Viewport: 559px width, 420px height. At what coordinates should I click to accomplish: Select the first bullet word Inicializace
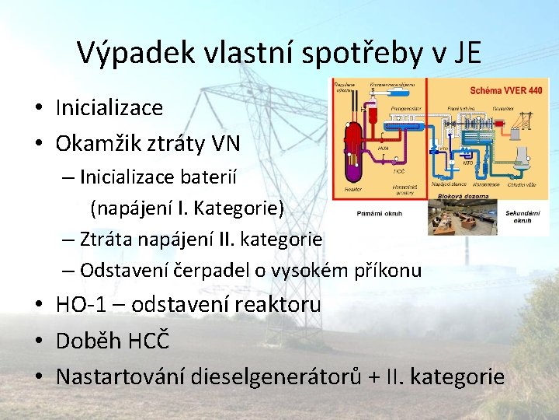pyautogui.click(x=109, y=107)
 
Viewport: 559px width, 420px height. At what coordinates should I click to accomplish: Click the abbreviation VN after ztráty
pyautogui.click(x=226, y=144)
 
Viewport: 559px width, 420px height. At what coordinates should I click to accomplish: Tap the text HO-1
pyautogui.click(x=81, y=304)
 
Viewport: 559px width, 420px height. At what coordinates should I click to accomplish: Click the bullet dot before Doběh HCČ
pyautogui.click(x=41, y=341)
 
